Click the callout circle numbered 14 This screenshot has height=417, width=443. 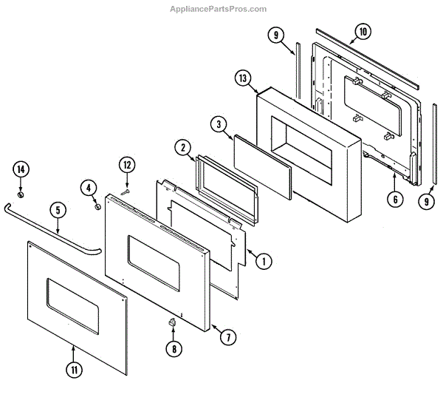21,170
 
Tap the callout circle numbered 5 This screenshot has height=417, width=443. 58,210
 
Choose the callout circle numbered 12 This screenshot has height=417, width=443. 126,164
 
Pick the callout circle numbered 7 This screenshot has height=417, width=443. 227,336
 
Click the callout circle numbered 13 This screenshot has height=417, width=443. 244,78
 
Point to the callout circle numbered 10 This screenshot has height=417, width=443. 362,32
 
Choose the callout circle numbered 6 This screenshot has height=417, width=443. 395,198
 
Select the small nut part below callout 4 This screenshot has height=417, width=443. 97,206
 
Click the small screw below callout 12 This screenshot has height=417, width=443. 126,191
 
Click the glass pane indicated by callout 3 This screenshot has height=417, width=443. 262,163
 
